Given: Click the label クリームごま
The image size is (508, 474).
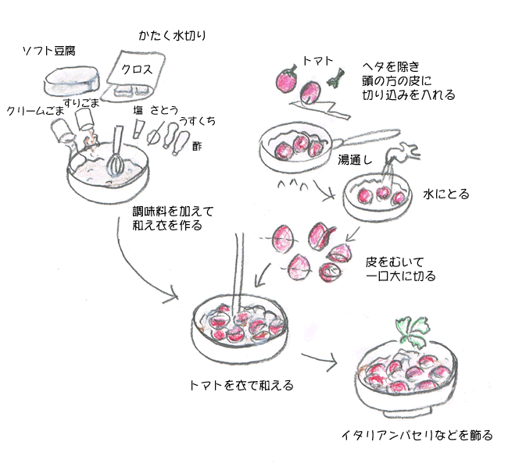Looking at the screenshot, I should [34, 112].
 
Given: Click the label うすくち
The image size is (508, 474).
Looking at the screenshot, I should [198, 121].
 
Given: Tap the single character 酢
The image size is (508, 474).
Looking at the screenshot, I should [197, 145].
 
